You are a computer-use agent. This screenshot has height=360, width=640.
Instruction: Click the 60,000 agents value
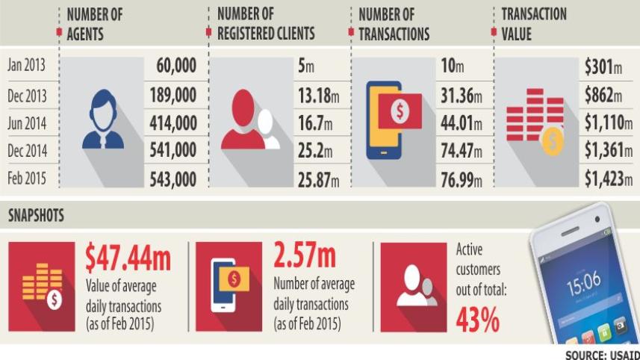(x=176, y=66)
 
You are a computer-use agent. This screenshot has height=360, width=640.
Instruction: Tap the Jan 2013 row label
(x=27, y=66)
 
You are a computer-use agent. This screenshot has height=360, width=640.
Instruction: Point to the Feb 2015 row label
(x=28, y=179)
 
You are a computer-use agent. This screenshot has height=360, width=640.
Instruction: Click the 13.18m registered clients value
(x=318, y=95)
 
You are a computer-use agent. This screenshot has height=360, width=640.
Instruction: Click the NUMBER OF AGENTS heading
(x=95, y=24)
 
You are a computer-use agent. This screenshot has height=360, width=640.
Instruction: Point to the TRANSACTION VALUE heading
(x=534, y=24)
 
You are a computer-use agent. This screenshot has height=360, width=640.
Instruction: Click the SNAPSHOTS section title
(x=36, y=216)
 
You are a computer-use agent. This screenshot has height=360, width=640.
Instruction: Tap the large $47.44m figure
(x=128, y=258)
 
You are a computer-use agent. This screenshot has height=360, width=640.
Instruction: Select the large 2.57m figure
(x=304, y=257)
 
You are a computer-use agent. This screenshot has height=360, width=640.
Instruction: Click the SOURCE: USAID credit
(x=601, y=354)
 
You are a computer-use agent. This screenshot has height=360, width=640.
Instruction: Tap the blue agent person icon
(x=102, y=120)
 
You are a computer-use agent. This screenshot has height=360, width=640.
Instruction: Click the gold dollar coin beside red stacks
(x=552, y=141)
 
